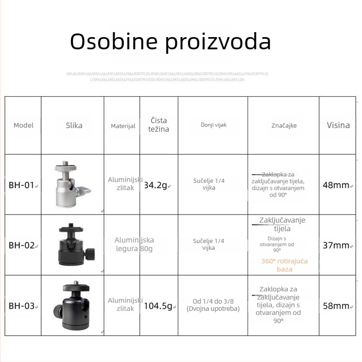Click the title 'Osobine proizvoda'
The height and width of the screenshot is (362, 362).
[x=170, y=42]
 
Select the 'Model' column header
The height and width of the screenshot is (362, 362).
[x=24, y=125]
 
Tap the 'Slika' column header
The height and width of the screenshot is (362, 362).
[x=74, y=125]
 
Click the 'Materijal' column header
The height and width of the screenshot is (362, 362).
[x=123, y=126]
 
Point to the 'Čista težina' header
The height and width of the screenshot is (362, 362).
[x=158, y=125]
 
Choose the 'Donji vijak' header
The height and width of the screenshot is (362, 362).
[x=214, y=125]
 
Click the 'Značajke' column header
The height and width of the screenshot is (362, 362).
[x=284, y=125]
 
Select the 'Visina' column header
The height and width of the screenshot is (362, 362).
[x=338, y=125]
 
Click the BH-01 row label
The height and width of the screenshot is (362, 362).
[x=22, y=185]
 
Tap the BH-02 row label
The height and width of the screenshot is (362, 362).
[x=22, y=246]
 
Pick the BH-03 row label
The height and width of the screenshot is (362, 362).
[x=22, y=306]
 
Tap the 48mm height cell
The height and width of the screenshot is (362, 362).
[x=336, y=185]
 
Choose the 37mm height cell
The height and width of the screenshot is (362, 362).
[x=336, y=246]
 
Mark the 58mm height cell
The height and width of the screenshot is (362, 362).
[x=336, y=306]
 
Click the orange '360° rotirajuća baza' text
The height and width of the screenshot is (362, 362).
[x=285, y=265]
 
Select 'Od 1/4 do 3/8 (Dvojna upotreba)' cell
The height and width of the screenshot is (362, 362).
[x=213, y=305]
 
